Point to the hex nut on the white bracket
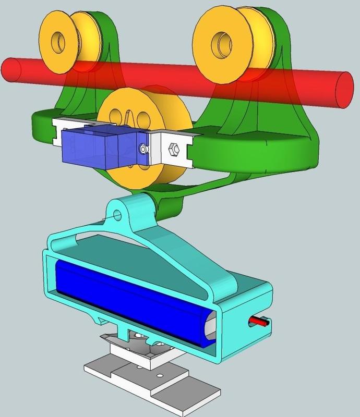(175, 151)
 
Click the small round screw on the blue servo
(142, 150)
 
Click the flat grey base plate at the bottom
(172, 386)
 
